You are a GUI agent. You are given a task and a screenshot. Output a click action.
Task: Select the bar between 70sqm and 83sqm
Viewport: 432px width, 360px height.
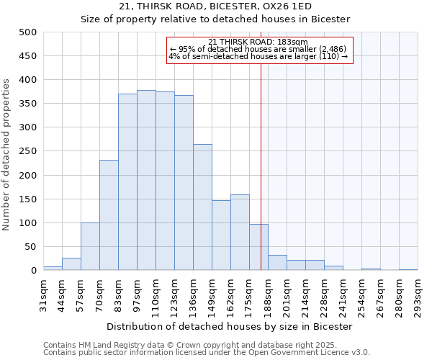[109, 215]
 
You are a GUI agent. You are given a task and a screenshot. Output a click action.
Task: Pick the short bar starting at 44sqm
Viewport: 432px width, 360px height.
[71, 264]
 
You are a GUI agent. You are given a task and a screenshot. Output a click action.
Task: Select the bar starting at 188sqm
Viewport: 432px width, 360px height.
[277, 263]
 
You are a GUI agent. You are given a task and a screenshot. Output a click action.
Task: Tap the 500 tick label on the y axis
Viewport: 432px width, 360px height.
[28, 32]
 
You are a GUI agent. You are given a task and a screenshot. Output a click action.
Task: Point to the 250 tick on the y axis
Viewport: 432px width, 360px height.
[28, 151]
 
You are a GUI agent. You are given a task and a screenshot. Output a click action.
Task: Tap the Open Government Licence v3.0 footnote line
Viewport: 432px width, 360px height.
[207, 353]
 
